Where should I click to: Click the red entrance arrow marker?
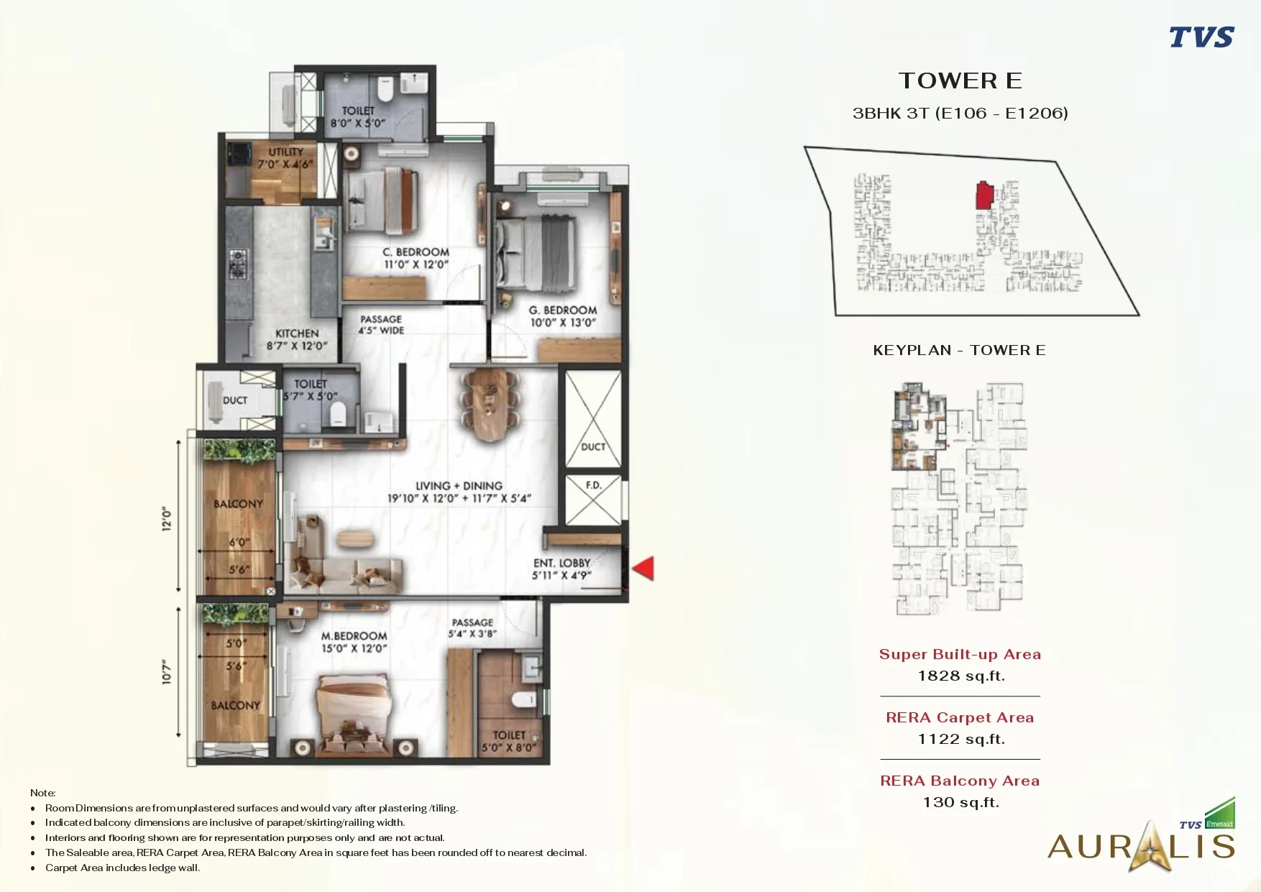click(x=643, y=568)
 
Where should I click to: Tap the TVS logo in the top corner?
click(x=1201, y=37)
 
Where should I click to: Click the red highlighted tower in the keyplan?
click(x=984, y=196)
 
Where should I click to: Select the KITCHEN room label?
click(x=297, y=334)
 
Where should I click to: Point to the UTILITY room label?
click(x=286, y=152)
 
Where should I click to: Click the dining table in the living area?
click(x=492, y=405)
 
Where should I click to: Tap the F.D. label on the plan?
click(x=593, y=485)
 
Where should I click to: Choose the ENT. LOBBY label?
click(x=562, y=563)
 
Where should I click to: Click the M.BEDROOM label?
click(x=354, y=636)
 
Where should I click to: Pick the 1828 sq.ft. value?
click(x=961, y=676)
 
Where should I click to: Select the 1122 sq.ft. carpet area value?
click(x=961, y=739)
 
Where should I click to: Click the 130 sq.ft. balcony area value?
click(x=961, y=802)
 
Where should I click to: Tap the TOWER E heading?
click(x=960, y=81)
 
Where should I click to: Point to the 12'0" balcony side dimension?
click(x=168, y=518)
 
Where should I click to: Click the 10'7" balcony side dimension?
click(x=168, y=672)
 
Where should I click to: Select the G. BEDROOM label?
click(x=563, y=311)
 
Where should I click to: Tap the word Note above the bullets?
click(x=42, y=793)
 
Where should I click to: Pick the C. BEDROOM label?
click(x=416, y=252)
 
